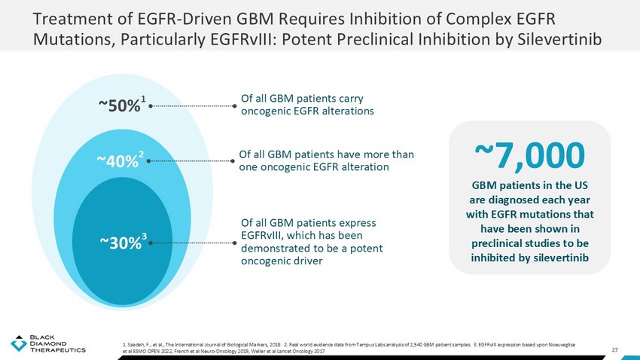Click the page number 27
(615, 349)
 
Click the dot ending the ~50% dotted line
(234, 106)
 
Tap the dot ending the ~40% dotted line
(232, 160)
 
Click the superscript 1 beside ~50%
(144, 100)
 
